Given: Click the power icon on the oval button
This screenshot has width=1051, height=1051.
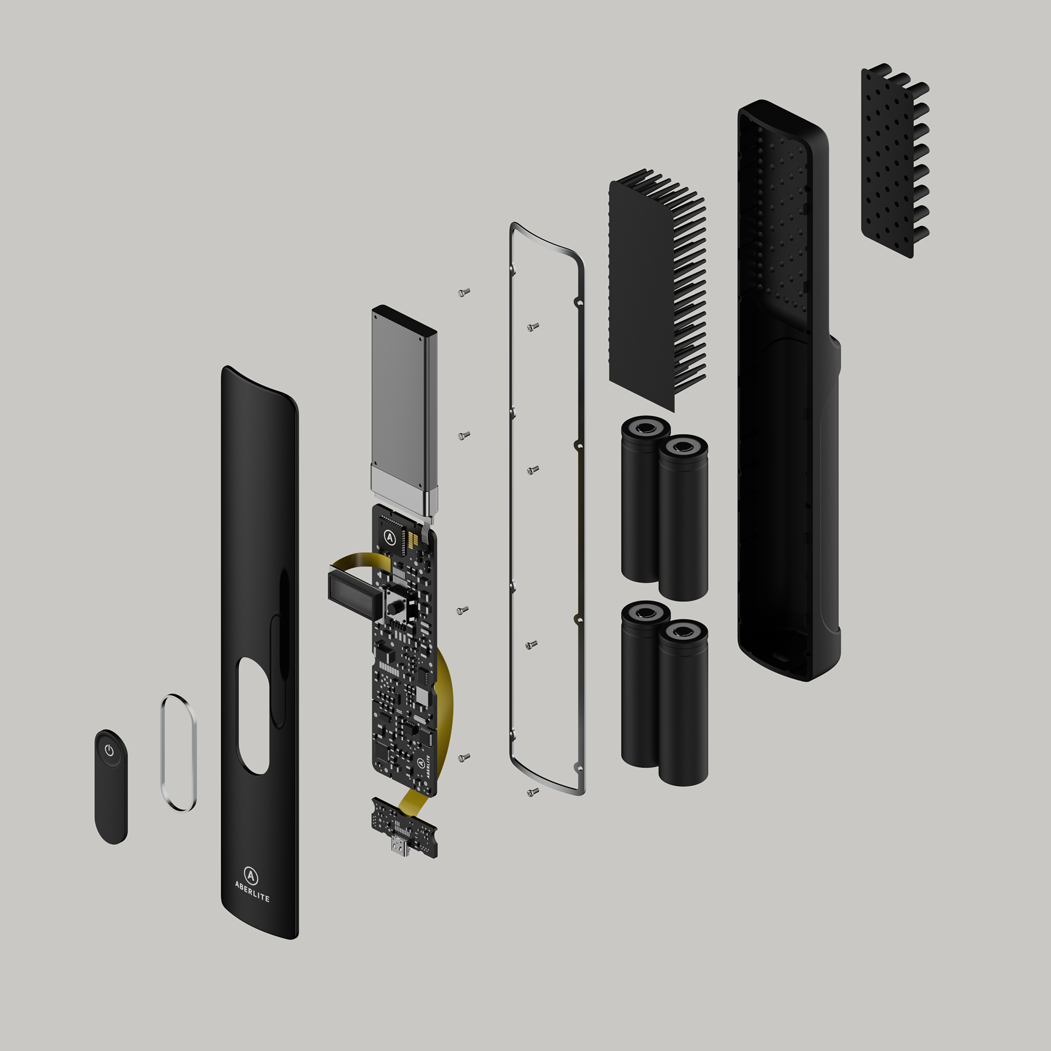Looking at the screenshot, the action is (109, 750).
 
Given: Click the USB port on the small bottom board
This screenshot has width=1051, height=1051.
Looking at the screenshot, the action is (399, 846).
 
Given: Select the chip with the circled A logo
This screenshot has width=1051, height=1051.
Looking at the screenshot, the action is (390, 537).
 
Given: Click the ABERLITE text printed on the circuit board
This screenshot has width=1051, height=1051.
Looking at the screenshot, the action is (427, 766).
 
